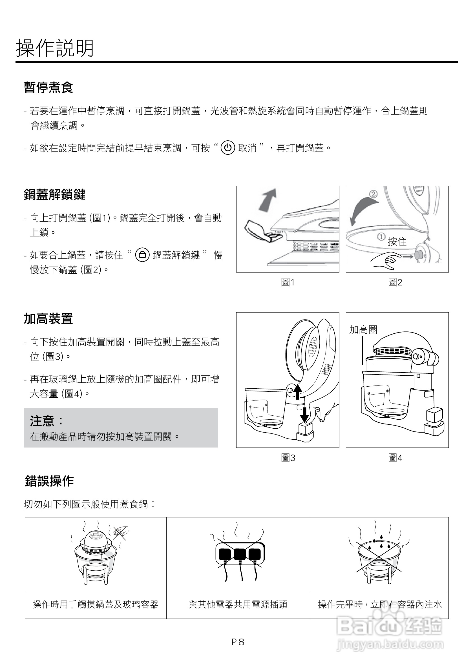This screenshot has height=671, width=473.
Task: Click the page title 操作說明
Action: (55, 48)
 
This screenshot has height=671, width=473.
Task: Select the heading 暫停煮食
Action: (48, 87)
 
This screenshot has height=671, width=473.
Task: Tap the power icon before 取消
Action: (228, 148)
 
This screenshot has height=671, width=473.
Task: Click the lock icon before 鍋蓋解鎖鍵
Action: (142, 255)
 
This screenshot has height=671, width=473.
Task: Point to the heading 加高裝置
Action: (48, 318)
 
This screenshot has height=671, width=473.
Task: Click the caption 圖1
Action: (288, 282)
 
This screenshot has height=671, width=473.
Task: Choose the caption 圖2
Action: (395, 282)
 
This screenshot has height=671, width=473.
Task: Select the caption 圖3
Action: (288, 458)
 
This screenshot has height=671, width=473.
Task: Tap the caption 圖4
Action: (395, 458)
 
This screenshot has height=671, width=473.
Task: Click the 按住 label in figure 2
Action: (397, 242)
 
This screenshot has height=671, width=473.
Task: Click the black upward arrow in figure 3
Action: (298, 392)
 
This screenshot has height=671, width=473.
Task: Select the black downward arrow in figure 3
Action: (304, 415)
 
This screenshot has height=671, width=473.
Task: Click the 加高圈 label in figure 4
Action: (363, 330)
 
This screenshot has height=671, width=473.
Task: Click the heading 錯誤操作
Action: (49, 481)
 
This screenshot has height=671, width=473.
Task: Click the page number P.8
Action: (238, 642)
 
